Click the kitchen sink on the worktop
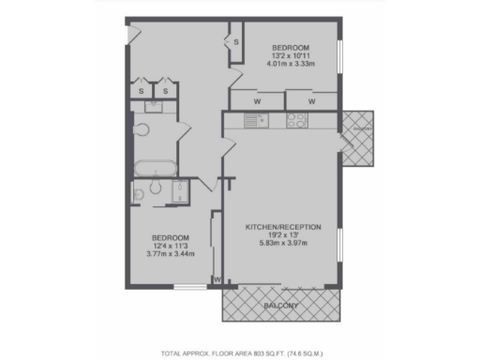point(253,119)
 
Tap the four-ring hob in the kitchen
point(296,119)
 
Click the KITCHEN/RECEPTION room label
point(283,228)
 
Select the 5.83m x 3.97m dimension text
point(283,244)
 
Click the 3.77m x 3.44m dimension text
point(172,253)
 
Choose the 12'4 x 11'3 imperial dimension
point(172,245)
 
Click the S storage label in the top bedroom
point(235,42)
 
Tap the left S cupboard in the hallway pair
point(142,92)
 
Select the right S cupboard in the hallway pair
point(164,92)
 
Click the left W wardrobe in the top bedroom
point(257,101)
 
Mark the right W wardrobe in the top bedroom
point(310,101)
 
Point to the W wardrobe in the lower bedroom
point(217,278)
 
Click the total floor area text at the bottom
point(241,353)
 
